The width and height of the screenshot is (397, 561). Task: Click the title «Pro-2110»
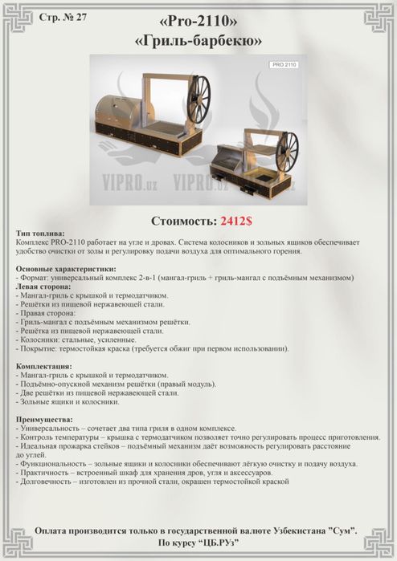point(198,20)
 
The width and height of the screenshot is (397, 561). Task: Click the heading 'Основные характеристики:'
point(66,269)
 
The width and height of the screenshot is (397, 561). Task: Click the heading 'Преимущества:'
point(44,419)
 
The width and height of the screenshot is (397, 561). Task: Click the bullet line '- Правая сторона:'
point(47,313)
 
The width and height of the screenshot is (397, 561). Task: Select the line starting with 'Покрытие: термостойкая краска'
point(153,348)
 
